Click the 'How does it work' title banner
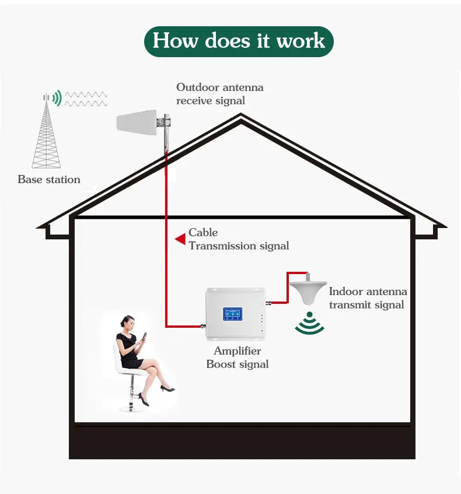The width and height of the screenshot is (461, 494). (x=239, y=41)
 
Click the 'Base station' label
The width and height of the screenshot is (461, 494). (x=49, y=179)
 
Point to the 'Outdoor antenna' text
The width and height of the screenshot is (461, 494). (x=220, y=87)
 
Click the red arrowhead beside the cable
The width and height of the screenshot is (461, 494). (x=180, y=239)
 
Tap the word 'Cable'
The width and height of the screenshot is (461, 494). (x=203, y=233)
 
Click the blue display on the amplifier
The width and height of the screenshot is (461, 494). (x=232, y=314)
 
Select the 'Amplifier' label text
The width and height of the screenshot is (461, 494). (x=238, y=351)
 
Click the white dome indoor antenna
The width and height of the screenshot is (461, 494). (x=308, y=292)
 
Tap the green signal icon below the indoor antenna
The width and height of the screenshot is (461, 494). (x=310, y=323)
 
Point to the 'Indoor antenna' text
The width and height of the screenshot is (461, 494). (x=368, y=292)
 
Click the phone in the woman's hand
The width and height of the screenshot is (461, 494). (x=144, y=336)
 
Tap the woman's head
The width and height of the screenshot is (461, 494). (x=127, y=323)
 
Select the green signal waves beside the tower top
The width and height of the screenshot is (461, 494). (x=57, y=97)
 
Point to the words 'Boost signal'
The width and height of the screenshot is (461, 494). (x=238, y=364)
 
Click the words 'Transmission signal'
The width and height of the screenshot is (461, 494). (x=239, y=246)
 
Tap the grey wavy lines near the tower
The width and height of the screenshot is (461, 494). (x=86, y=99)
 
